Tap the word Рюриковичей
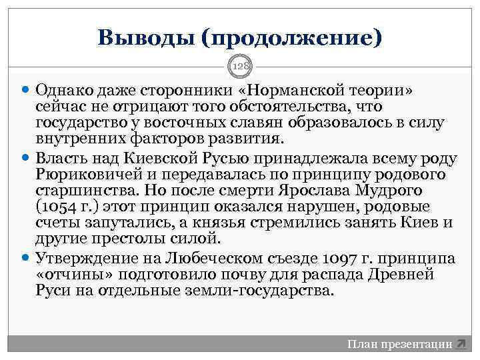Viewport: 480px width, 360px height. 82,174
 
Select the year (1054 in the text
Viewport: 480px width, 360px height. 55,207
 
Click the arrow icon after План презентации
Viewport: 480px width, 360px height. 460,344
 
